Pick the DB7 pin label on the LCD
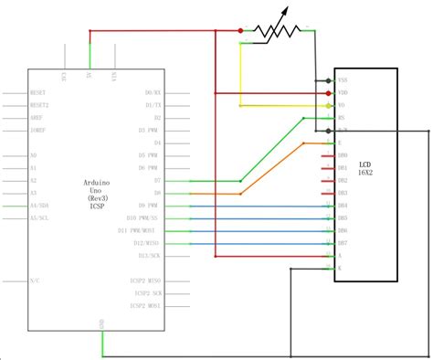[x=343, y=244]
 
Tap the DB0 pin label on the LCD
[x=343, y=156]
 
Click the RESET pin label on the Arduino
[x=39, y=92]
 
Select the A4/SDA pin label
[x=41, y=206]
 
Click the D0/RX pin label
[x=153, y=92]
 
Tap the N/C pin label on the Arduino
[x=34, y=280]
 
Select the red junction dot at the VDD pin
[x=328, y=93]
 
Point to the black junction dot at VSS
[x=328, y=80]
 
